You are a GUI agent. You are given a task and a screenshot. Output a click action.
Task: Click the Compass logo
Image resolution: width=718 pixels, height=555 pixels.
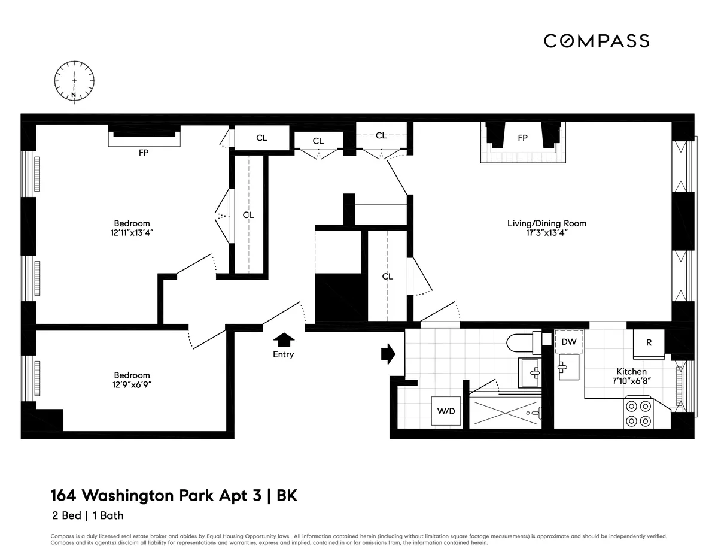[x=596, y=41]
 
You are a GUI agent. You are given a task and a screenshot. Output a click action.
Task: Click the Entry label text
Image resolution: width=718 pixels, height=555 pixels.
[x=283, y=354]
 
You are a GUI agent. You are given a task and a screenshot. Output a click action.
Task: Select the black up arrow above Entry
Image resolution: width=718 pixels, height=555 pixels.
[x=284, y=340]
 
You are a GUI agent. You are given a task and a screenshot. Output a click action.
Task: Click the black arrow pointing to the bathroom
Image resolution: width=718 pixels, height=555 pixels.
[x=388, y=353]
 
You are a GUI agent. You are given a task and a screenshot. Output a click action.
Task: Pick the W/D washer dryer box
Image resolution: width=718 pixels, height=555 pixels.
[x=446, y=411]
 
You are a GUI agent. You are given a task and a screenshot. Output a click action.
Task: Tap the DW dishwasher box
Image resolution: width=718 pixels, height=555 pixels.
[x=569, y=342]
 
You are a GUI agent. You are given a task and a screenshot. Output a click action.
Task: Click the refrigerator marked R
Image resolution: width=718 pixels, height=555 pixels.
[x=649, y=343]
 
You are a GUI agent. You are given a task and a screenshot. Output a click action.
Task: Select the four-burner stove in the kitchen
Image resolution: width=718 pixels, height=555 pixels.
[x=638, y=413]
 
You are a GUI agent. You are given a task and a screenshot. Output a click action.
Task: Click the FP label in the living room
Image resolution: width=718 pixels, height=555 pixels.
[x=522, y=138]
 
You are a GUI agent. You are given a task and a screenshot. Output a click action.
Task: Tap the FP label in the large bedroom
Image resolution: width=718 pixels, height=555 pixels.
[x=144, y=153]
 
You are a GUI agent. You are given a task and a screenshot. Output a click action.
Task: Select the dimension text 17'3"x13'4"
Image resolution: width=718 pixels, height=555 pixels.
[x=546, y=233]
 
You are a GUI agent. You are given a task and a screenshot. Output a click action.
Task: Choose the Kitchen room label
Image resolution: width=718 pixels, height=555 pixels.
[x=632, y=372]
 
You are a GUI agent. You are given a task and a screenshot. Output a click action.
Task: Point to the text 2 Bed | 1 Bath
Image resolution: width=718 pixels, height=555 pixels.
[x=86, y=515]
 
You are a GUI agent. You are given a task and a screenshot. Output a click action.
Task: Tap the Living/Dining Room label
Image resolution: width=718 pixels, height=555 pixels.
[x=546, y=223]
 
